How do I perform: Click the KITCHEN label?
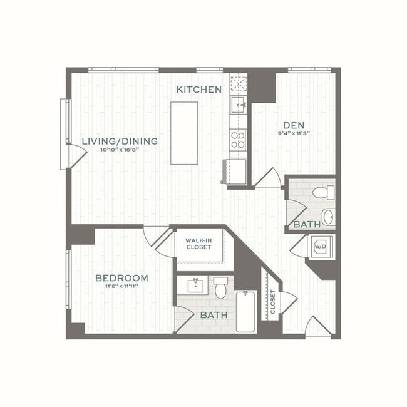tap(199, 90)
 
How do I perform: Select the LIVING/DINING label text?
tap(120, 142)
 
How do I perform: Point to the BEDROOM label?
tap(121, 278)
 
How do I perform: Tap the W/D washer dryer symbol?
tap(320, 246)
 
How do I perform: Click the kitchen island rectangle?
tap(185, 133)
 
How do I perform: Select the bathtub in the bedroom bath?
tap(246, 311)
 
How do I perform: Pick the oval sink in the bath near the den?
tap(328, 217)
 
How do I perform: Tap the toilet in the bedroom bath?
tap(220, 287)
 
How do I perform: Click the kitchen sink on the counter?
tap(237, 104)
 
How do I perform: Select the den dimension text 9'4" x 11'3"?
tap(294, 133)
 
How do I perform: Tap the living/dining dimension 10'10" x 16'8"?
tap(119, 150)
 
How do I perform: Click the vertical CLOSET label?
tap(273, 302)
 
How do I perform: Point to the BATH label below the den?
tap(307, 224)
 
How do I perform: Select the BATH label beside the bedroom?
tap(214, 316)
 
